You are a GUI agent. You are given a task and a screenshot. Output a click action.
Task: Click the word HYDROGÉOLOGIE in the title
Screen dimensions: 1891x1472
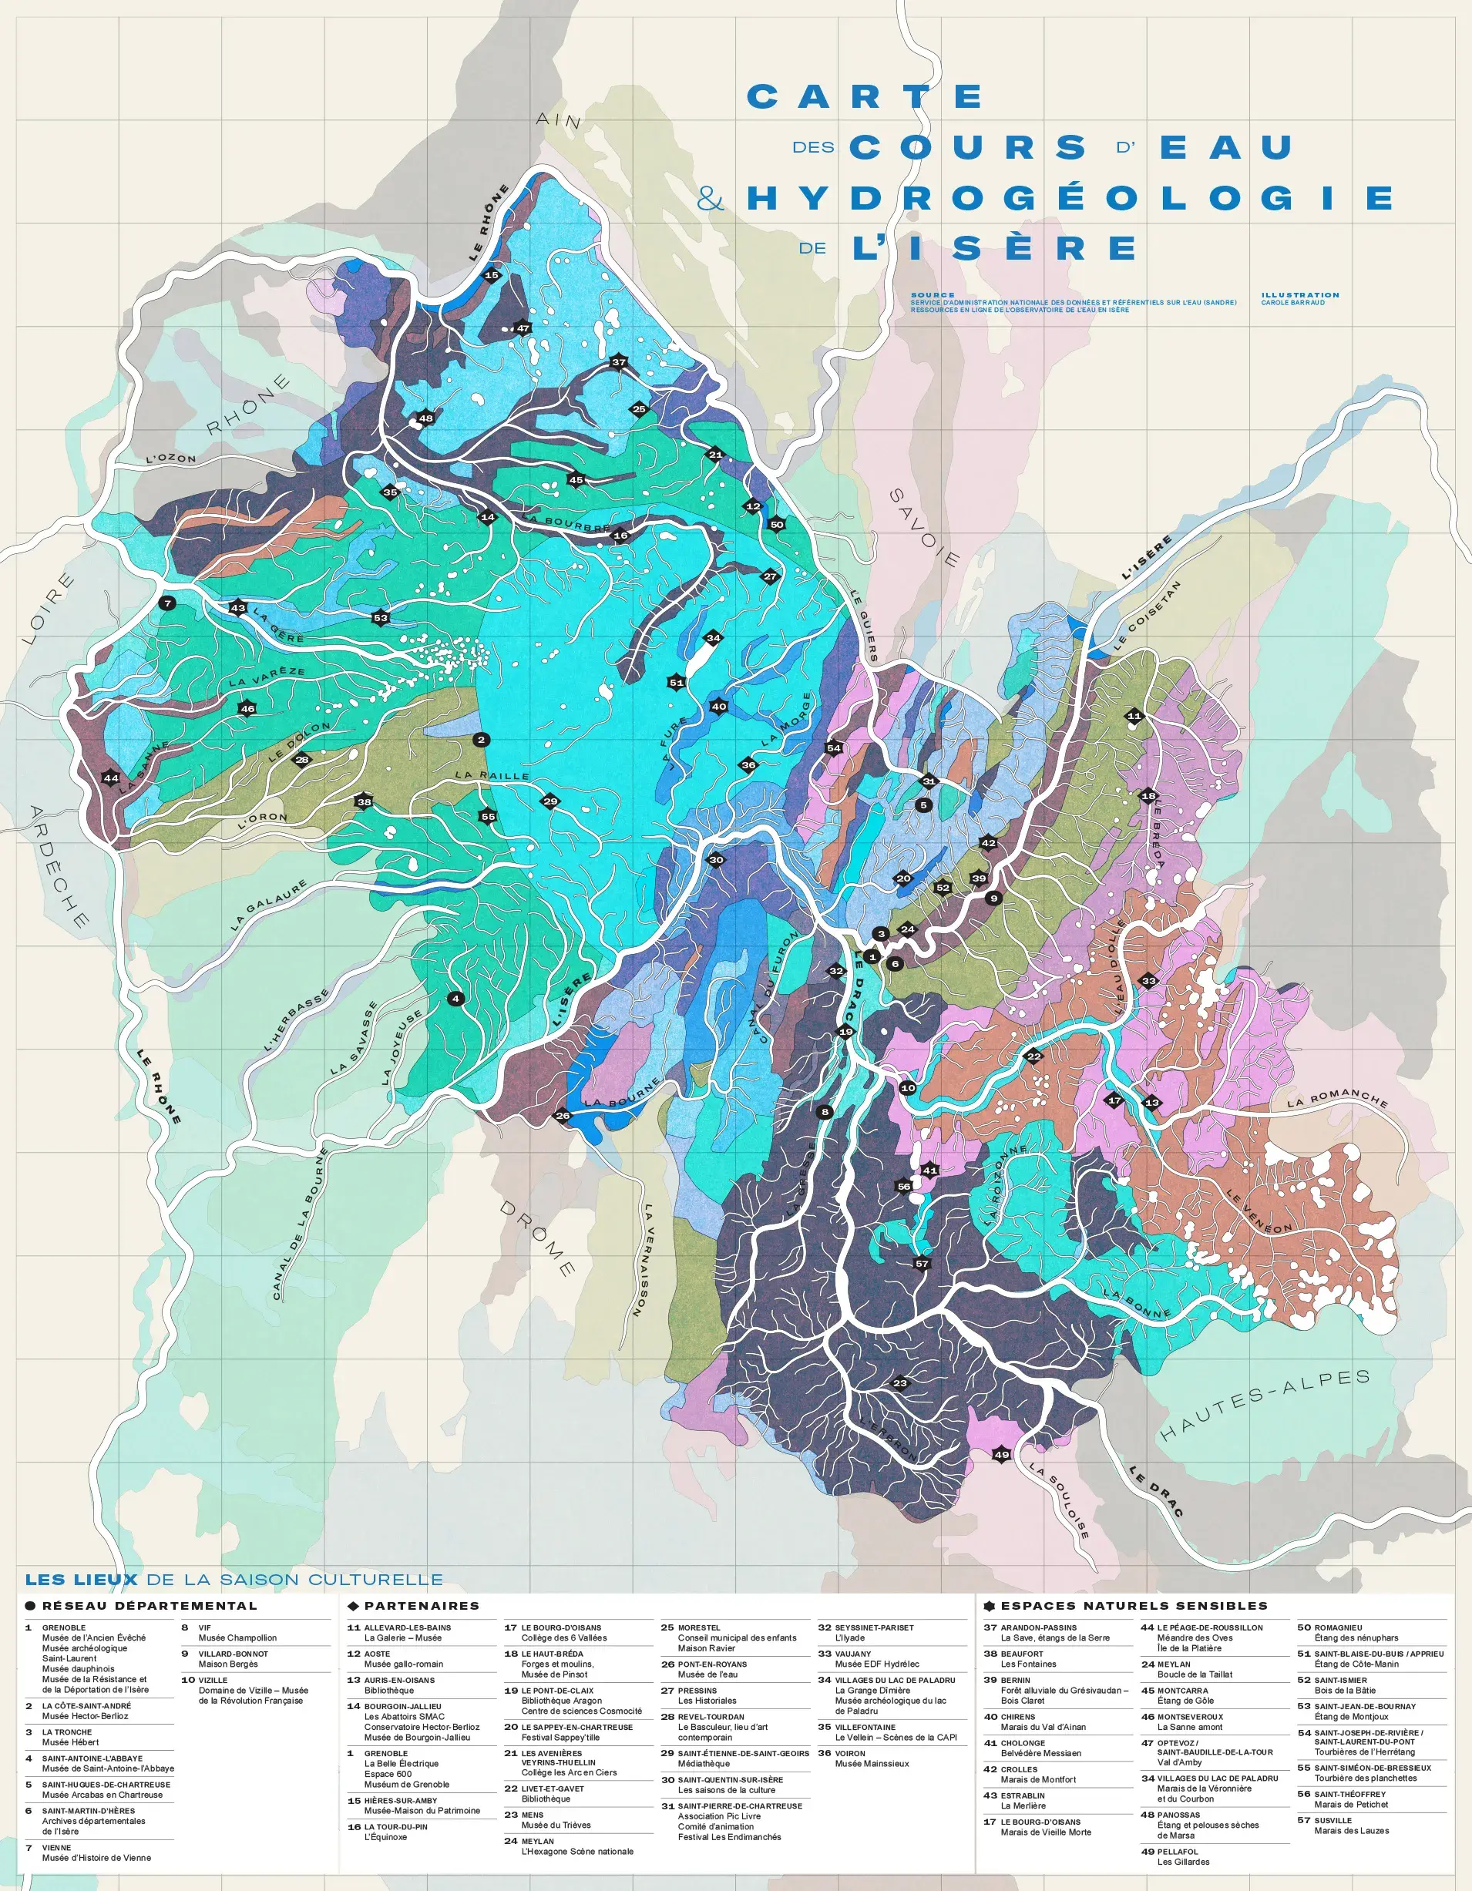point(1070,198)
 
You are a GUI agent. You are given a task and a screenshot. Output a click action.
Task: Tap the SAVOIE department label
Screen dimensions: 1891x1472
point(925,528)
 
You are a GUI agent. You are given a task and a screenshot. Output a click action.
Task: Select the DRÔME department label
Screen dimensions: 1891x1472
point(538,1238)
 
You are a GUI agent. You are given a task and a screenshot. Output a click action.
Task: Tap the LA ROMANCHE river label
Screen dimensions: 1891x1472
point(1337,1099)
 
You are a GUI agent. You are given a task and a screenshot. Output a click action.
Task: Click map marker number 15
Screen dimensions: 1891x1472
point(492,275)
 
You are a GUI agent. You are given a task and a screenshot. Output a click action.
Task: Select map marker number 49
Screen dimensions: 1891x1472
point(1001,1455)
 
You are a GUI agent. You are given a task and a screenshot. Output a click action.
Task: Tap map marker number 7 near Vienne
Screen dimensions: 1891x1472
point(168,603)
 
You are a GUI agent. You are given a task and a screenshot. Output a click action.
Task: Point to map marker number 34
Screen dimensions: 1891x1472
point(714,638)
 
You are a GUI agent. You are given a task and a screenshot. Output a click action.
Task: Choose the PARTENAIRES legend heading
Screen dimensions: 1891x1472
point(421,1606)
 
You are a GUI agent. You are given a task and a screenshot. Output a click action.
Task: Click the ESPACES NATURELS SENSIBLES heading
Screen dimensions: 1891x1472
point(1134,1606)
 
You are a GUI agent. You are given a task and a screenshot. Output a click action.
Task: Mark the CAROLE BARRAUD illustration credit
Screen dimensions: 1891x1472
point(1292,303)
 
